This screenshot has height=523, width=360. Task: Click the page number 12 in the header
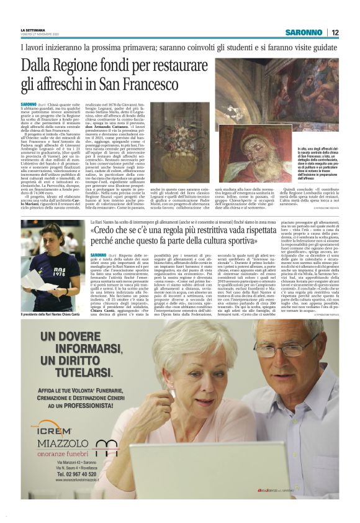click(x=335, y=32)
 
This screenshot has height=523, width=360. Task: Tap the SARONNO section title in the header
click(x=304, y=32)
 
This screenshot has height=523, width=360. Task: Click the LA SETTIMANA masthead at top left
click(x=33, y=29)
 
